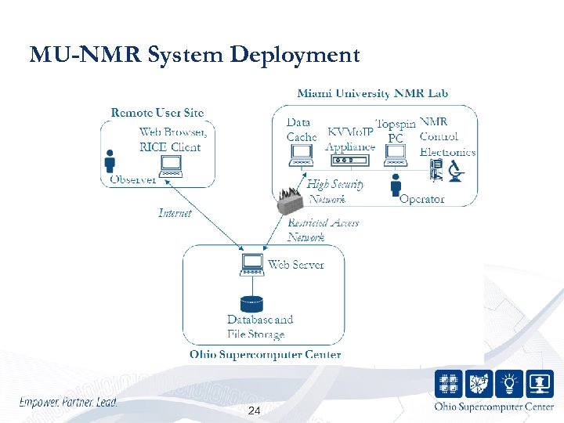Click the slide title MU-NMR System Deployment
(x=194, y=55)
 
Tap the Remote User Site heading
(x=157, y=113)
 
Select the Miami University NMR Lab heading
(x=373, y=93)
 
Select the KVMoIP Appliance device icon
(x=349, y=160)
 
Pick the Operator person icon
(x=396, y=186)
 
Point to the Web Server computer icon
(x=252, y=265)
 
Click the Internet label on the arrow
(x=175, y=213)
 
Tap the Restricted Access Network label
(x=323, y=230)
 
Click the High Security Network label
(x=335, y=191)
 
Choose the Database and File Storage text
(x=260, y=327)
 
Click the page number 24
(x=254, y=411)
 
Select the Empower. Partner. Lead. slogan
(x=68, y=403)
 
